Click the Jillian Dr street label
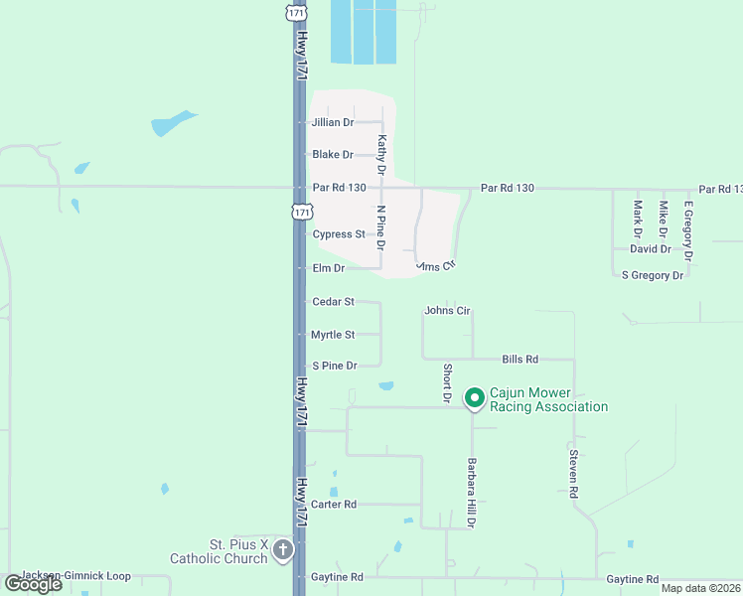click(333, 122)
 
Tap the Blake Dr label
click(333, 155)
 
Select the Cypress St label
click(339, 234)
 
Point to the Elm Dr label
click(328, 268)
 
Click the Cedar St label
click(333, 301)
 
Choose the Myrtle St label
click(333, 335)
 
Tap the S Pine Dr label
click(334, 367)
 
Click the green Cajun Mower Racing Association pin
click(475, 398)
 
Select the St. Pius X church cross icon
click(283, 550)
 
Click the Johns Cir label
click(447, 311)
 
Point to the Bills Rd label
click(520, 359)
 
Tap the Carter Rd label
click(334, 505)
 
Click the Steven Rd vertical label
click(573, 467)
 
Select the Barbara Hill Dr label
click(471, 493)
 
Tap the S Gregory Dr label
click(653, 275)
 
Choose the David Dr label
click(651, 249)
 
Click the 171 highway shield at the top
click(295, 12)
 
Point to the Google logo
click(33, 584)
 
